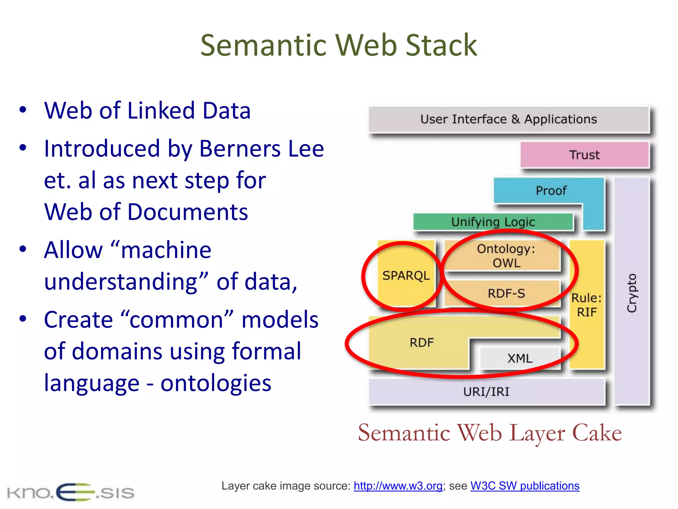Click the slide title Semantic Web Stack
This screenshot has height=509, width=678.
click(338, 45)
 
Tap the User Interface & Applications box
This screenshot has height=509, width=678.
click(508, 119)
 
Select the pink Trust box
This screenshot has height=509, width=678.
click(584, 155)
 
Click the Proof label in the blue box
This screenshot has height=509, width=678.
click(551, 191)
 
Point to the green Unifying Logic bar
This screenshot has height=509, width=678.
click(493, 222)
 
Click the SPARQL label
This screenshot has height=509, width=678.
click(406, 275)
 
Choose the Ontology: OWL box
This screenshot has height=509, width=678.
click(506, 255)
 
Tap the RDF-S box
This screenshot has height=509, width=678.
click(506, 293)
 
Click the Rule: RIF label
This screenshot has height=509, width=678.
click(587, 305)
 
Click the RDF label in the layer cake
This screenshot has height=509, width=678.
click(421, 343)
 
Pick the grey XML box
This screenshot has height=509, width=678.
click(520, 358)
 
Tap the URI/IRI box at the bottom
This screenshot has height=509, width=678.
click(486, 392)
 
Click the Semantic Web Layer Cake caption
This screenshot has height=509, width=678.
click(490, 433)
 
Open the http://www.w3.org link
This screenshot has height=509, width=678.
click(398, 486)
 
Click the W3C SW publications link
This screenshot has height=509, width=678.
click(525, 486)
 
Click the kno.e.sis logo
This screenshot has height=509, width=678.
click(71, 492)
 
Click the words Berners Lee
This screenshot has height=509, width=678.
click(262, 148)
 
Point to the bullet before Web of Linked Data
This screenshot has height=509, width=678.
click(23, 110)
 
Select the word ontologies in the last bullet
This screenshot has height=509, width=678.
click(216, 383)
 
